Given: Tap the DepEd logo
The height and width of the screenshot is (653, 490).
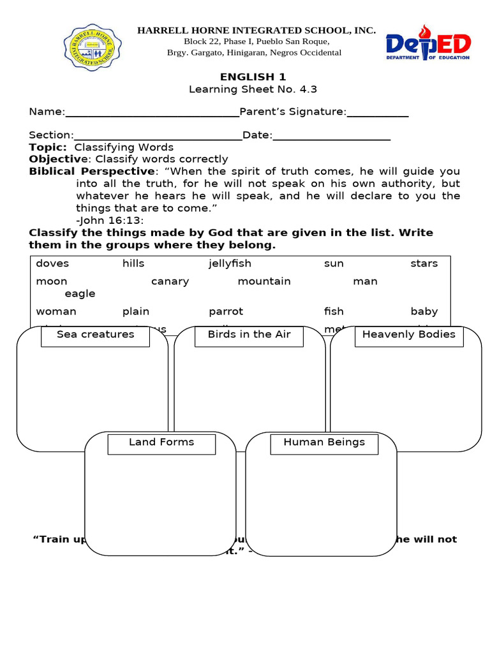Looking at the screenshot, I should tap(428, 43).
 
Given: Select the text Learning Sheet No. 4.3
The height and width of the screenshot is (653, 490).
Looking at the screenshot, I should tap(253, 89).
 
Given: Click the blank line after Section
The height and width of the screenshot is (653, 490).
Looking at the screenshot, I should tap(158, 137).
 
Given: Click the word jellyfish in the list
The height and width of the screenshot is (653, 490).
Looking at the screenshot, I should tap(230, 263).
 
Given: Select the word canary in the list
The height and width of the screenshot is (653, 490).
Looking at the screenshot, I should tap(170, 281).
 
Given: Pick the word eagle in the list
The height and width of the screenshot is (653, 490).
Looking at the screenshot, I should tap(80, 293).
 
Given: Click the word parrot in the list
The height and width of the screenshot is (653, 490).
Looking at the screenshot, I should tap(226, 311).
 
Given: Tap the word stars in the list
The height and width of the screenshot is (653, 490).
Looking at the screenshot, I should tap(424, 263).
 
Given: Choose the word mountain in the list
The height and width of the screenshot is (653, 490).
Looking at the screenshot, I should tap(264, 281).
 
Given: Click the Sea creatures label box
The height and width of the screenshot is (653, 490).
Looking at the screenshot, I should tap(95, 335).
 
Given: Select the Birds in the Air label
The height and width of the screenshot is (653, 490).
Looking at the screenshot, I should tap(249, 335).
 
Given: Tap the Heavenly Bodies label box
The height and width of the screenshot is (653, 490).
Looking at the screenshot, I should tap(408, 335).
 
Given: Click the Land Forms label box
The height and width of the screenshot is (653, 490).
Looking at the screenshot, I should tap(161, 443).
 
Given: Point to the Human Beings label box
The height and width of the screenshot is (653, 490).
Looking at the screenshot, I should tap(324, 443).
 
